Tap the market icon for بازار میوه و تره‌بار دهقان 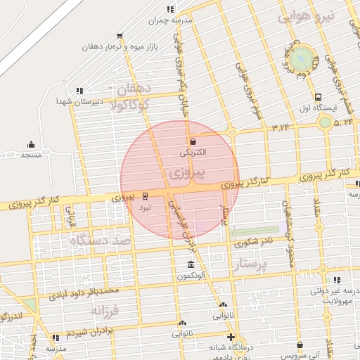click(x=120, y=35)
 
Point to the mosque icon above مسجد click(x=31, y=143)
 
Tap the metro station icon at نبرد click(x=144, y=195)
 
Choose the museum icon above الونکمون click(x=191, y=265)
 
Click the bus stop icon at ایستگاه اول click(x=319, y=98)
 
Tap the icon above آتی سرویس click(x=301, y=345)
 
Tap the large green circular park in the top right click(x=302, y=58)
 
